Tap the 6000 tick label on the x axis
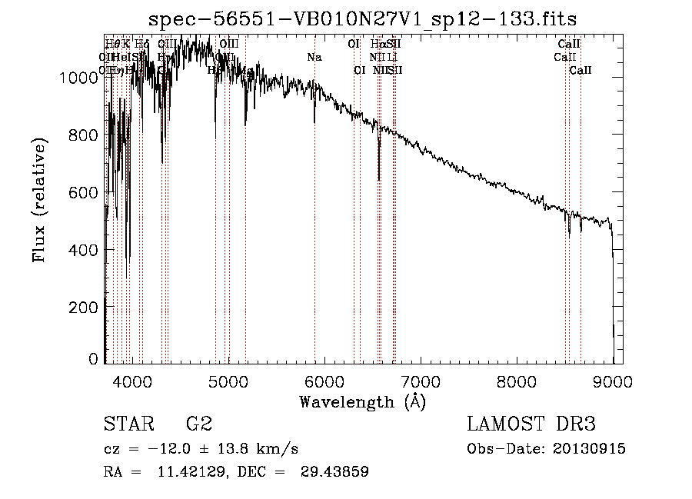pyautogui.click(x=324, y=380)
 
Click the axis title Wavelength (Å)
pyautogui.click(x=362, y=401)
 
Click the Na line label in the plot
pyautogui.click(x=314, y=57)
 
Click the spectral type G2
pyautogui.click(x=198, y=424)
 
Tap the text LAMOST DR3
pyautogui.click(x=531, y=424)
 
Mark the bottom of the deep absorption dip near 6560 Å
pyautogui.click(x=378, y=181)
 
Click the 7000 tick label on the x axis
pyautogui.click(x=421, y=380)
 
